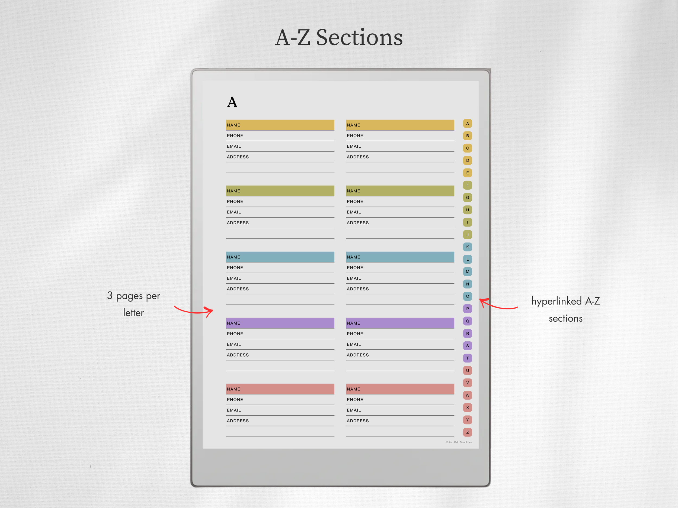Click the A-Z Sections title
pos(339,37)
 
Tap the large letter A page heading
pos(232,102)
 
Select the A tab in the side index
pos(468,123)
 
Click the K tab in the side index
pos(468,247)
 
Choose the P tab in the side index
pos(468,309)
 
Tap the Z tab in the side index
pos(468,432)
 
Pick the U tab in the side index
pos(468,371)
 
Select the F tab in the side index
pos(468,185)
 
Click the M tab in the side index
pos(468,271)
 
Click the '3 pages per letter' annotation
pos(134,304)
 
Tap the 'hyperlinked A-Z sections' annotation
pos(565,310)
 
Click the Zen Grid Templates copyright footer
pos(459,442)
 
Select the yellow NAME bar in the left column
pos(280,125)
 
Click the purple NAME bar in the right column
pos(400,323)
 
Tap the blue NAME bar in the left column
pos(280,257)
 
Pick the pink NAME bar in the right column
pos(400,389)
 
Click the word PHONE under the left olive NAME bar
pos(235,202)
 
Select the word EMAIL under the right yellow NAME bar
pos(354,146)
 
